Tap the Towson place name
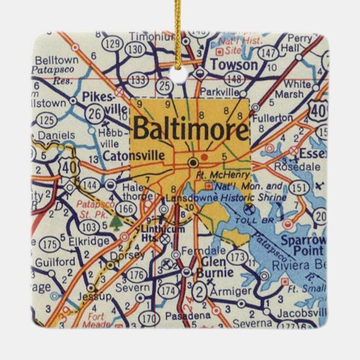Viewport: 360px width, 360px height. tap(234, 66)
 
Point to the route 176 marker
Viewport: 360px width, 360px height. tap(137, 274)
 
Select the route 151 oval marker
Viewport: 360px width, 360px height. tap(295, 187)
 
